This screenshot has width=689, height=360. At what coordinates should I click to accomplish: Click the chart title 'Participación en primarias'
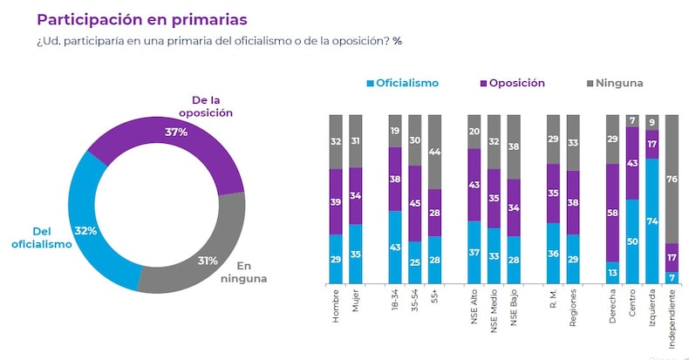[x=141, y=18]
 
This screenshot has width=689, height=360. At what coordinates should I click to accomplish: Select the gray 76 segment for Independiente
[x=672, y=179]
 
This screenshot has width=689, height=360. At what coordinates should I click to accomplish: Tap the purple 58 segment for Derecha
[x=613, y=213]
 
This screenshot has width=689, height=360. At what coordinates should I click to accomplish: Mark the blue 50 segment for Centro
[x=633, y=241]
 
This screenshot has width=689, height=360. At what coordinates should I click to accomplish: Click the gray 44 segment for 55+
[x=435, y=152]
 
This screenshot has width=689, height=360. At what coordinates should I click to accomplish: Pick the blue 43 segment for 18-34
[x=395, y=248]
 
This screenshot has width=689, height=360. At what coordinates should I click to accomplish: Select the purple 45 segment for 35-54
[x=415, y=204]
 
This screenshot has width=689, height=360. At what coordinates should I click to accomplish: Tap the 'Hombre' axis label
[x=336, y=310]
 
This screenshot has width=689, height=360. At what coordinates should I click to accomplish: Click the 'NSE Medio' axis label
[x=495, y=315]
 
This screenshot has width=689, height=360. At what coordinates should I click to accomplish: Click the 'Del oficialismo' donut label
[x=41, y=238]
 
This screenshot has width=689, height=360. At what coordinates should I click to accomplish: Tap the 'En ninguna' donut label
[x=249, y=273]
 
